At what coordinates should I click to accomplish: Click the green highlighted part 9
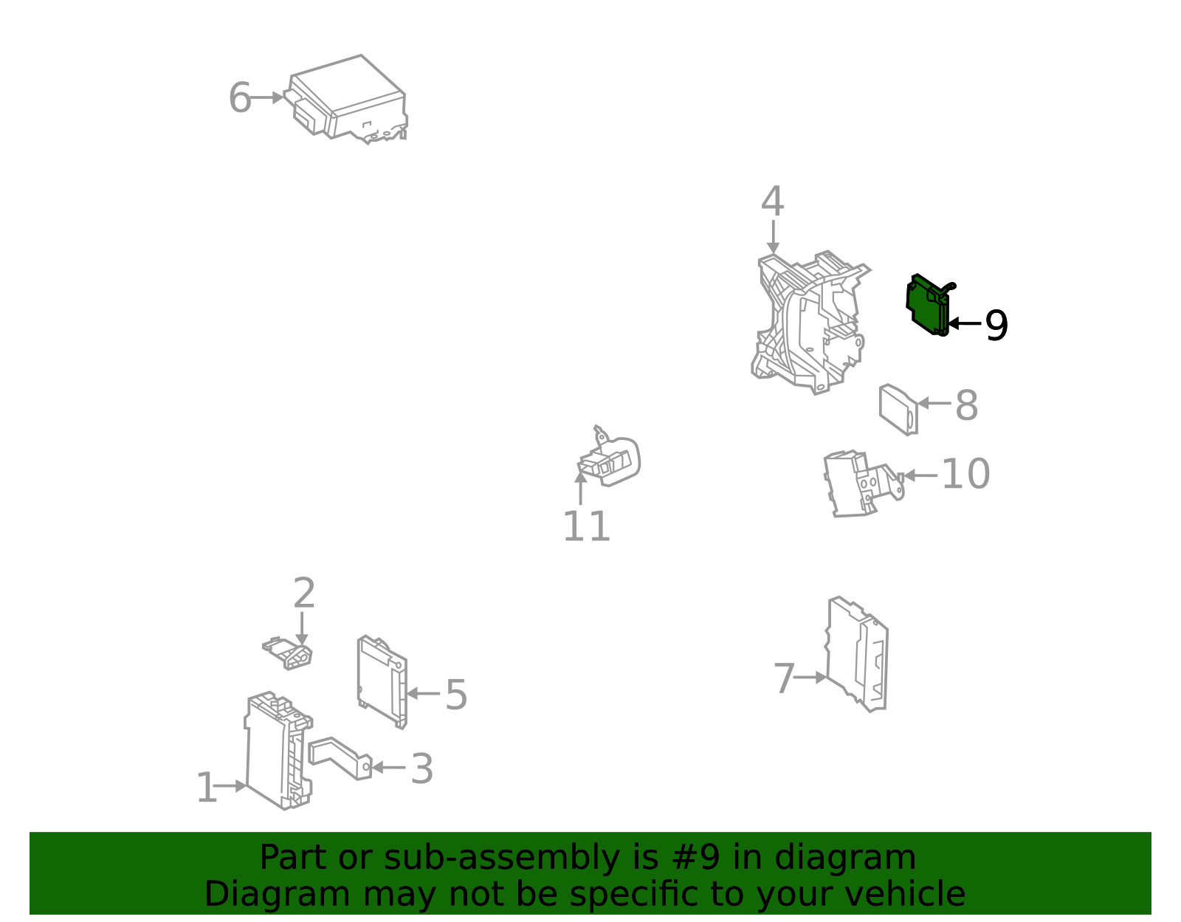tap(928, 306)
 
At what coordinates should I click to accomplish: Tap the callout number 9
tap(996, 326)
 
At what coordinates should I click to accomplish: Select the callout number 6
tap(240, 97)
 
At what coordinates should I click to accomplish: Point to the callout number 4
tap(772, 201)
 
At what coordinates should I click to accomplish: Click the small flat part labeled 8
tap(898, 409)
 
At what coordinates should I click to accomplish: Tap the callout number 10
tap(965, 474)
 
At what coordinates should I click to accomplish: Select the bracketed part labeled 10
tap(861, 483)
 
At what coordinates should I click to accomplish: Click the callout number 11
tap(587, 526)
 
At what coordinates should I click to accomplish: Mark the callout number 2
tap(304, 593)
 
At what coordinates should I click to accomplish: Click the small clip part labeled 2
tap(288, 653)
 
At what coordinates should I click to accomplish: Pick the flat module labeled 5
tap(382, 681)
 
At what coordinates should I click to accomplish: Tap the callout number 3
tap(421, 768)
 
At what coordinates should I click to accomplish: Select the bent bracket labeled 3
tap(340, 758)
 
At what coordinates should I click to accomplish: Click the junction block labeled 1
tap(278, 750)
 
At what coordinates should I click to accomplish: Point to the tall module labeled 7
tap(856, 654)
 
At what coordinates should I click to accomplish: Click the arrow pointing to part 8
tap(934, 403)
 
